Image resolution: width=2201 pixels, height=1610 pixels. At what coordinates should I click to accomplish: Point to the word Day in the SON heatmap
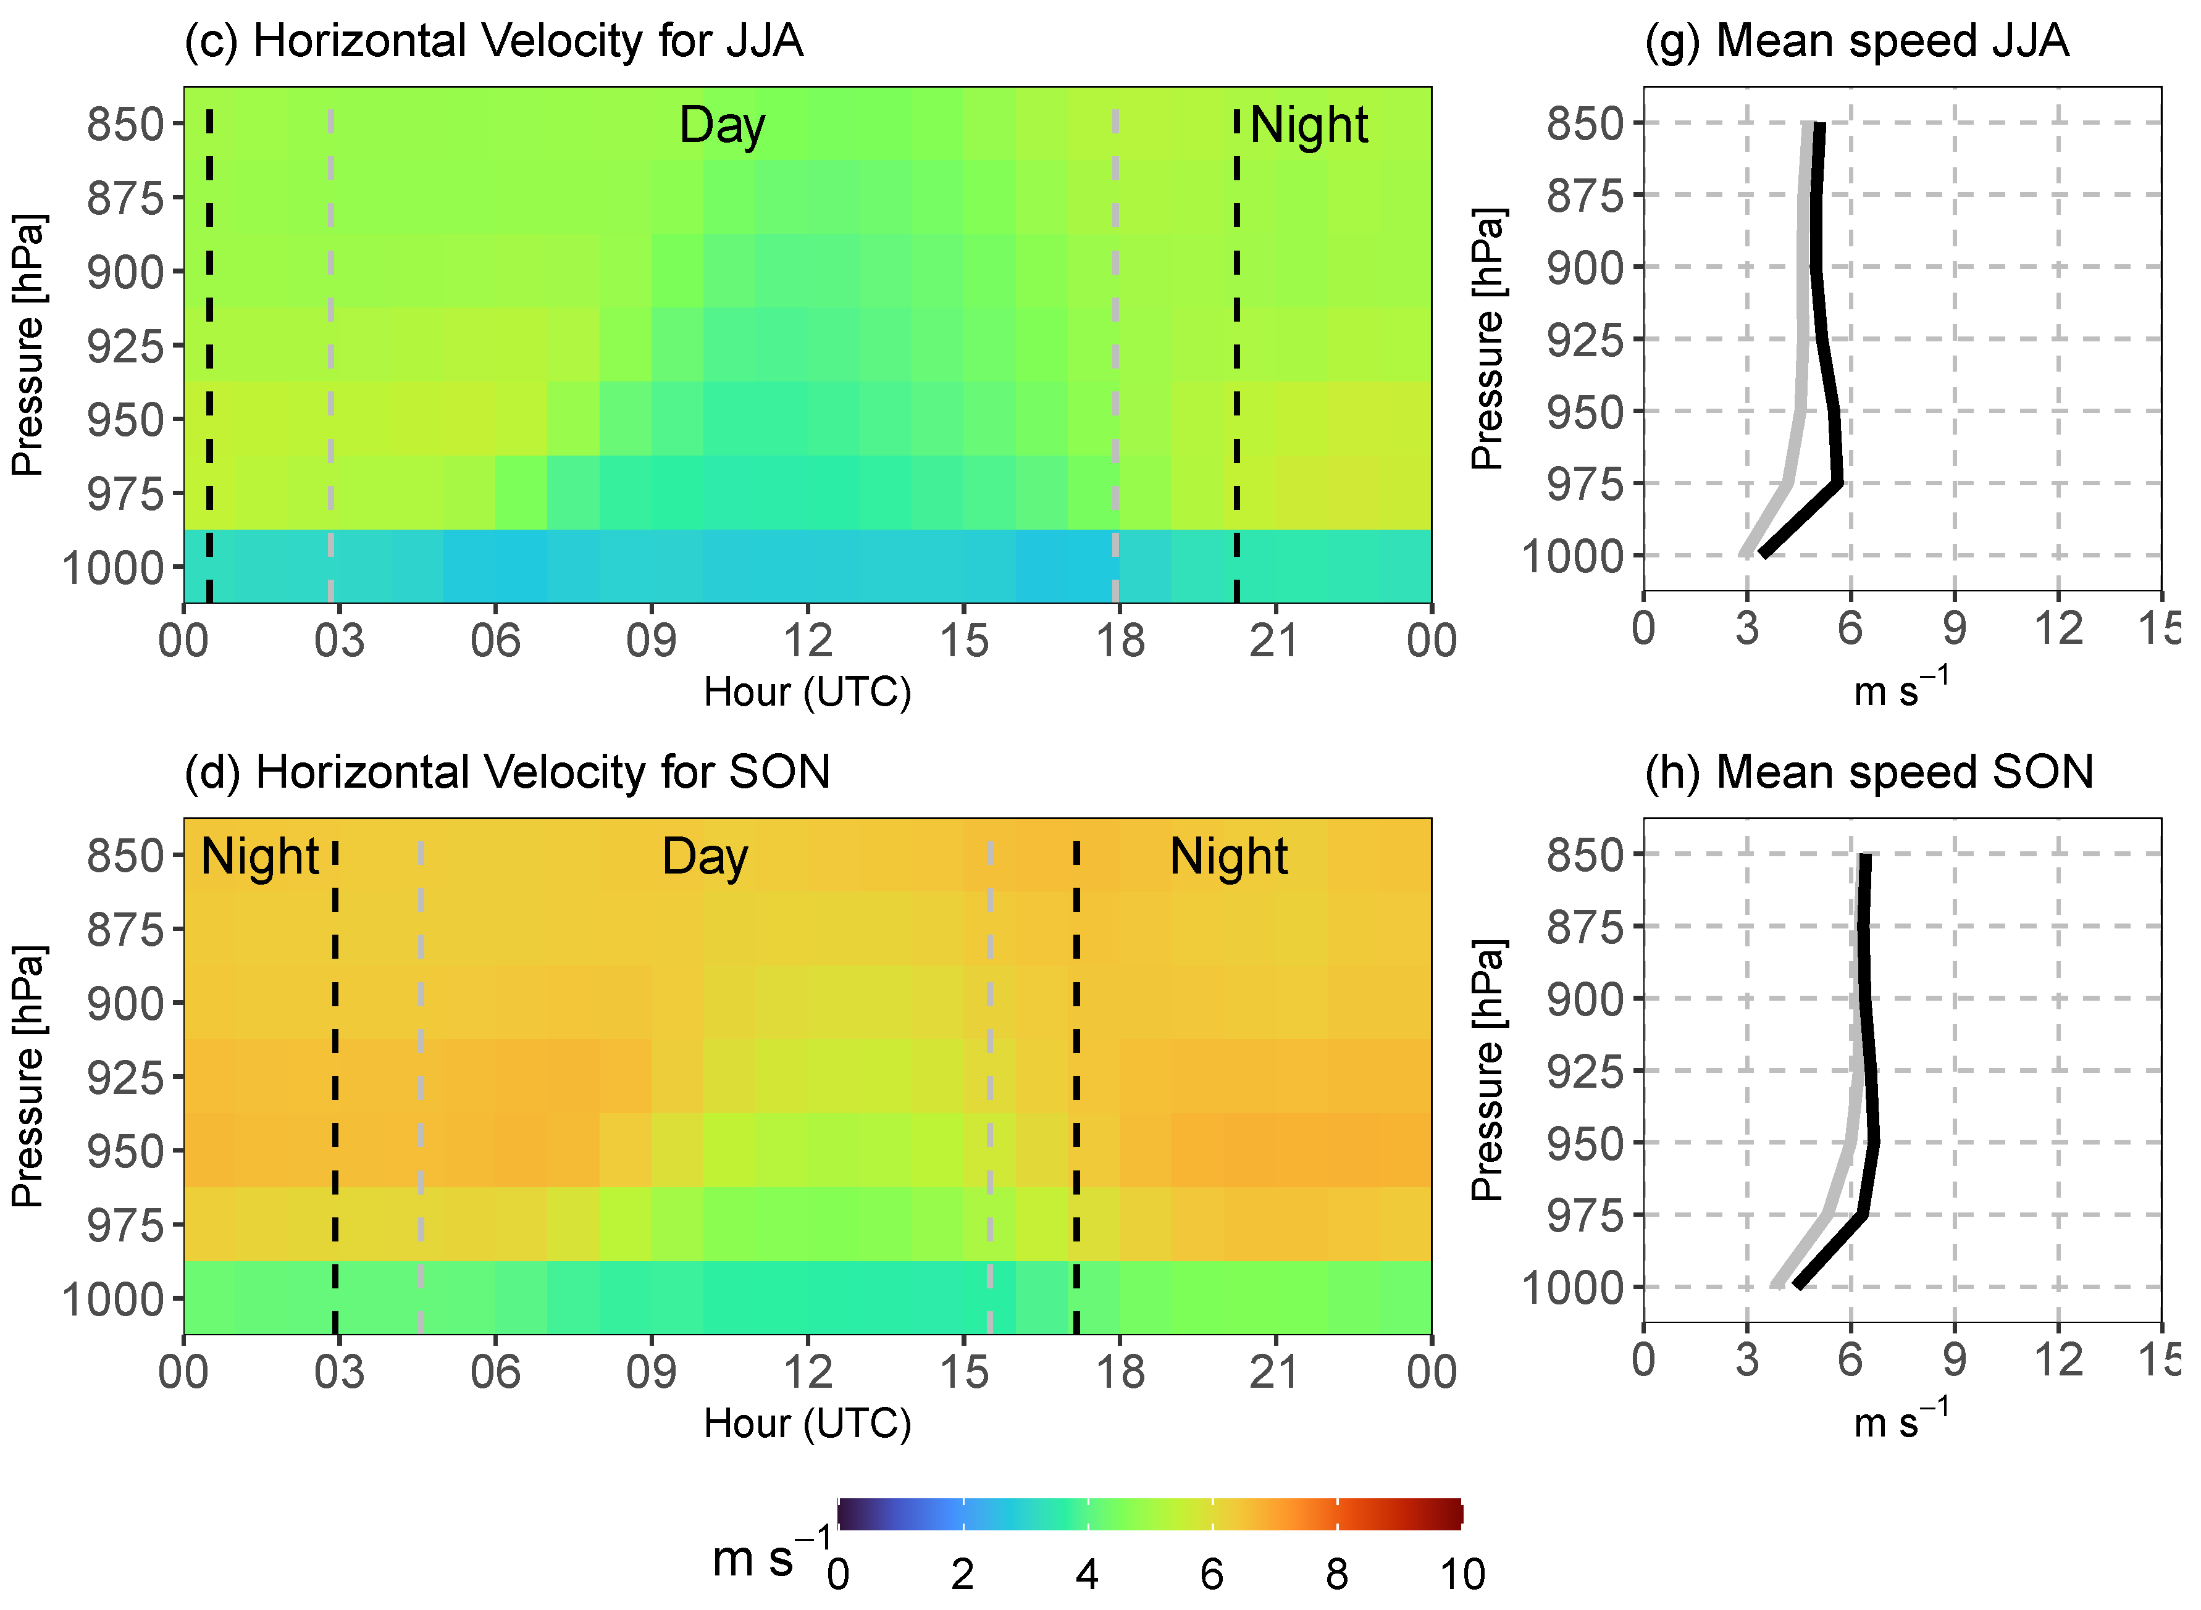coord(704,857)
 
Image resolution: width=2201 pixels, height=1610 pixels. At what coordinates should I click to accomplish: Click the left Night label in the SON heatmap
coord(259,857)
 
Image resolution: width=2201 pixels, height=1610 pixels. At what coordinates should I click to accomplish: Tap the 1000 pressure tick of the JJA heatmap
coord(113,568)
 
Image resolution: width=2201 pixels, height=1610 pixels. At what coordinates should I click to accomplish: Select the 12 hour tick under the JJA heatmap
coord(807,640)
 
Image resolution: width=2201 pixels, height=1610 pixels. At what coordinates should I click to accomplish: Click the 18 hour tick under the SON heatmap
coord(1120,1372)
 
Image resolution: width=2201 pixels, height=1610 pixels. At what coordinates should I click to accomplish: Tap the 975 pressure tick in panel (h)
coord(1584,1216)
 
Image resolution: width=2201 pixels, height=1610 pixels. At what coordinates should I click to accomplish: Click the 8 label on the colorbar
coord(1336,1574)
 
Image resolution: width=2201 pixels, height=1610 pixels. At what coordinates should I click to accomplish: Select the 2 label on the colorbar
coord(962,1574)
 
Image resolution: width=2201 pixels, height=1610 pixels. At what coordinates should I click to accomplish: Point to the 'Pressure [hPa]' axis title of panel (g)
coord(1488,339)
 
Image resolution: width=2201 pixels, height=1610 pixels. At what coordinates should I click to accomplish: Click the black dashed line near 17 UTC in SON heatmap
coord(1076,1072)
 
